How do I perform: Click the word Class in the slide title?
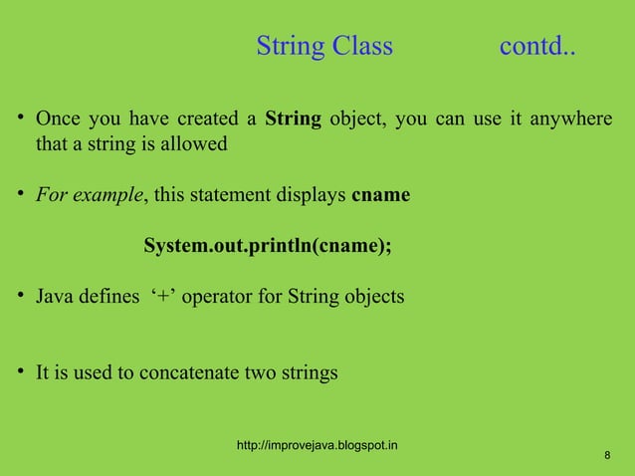click(362, 47)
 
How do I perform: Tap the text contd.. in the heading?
click(536, 47)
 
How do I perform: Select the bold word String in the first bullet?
click(293, 120)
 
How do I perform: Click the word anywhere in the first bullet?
click(570, 120)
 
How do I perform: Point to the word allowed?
click(198, 144)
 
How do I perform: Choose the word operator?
click(217, 297)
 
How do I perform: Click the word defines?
click(107, 297)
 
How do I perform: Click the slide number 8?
click(607, 456)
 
